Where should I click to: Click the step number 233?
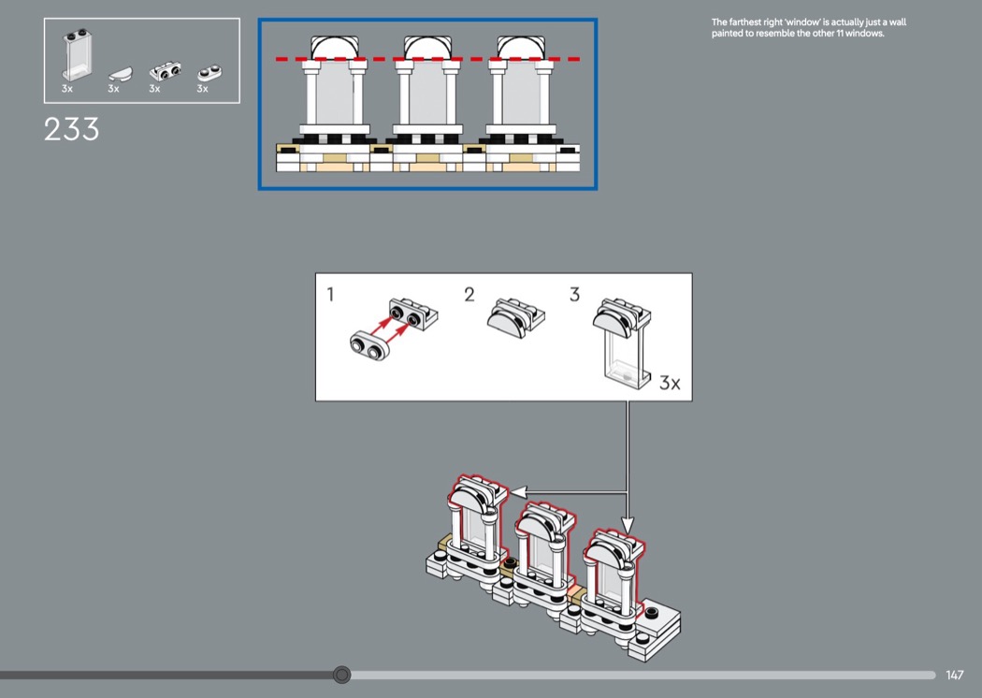[71, 129]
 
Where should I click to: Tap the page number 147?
[954, 675]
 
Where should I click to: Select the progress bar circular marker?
[342, 675]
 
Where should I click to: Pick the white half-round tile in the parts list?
[118, 73]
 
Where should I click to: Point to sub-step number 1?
[330, 295]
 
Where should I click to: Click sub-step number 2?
[469, 295]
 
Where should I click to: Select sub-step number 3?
[574, 295]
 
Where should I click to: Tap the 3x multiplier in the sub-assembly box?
[670, 383]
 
